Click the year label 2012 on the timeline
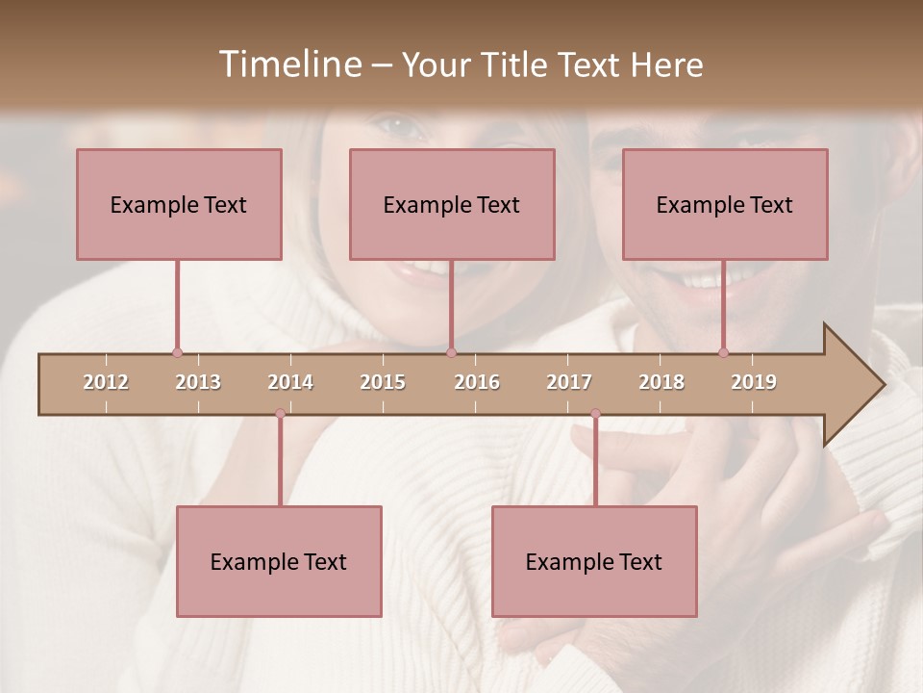[x=106, y=382]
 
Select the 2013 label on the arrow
[x=198, y=382]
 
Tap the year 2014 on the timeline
[x=290, y=382]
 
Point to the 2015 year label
[x=383, y=382]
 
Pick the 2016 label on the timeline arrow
[x=477, y=382]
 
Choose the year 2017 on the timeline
[x=569, y=382]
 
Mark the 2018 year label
[x=661, y=382]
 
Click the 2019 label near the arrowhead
[x=754, y=382]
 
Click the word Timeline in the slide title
[x=288, y=64]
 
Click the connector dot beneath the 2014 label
[x=280, y=413]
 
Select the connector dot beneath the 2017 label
[x=595, y=413]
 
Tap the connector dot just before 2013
[x=177, y=353]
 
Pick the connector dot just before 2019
[x=723, y=353]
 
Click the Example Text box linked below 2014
[x=279, y=561]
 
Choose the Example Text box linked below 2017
[x=594, y=561]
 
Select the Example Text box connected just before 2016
[x=452, y=204]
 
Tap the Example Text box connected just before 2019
[x=725, y=204]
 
